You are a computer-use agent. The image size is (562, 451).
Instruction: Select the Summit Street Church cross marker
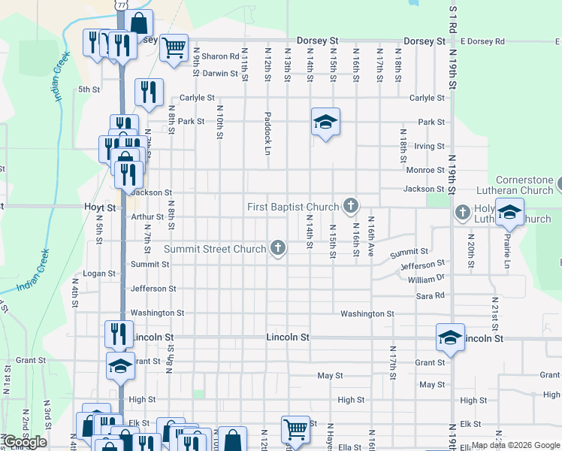(278, 248)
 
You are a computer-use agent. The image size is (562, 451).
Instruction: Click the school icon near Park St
(326, 122)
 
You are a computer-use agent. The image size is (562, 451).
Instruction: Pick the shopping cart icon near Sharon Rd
(174, 49)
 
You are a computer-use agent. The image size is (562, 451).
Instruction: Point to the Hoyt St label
(100, 207)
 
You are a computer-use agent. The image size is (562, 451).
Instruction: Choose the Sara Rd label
(430, 296)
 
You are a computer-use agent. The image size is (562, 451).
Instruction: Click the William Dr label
(426, 278)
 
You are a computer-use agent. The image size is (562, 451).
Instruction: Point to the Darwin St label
(220, 74)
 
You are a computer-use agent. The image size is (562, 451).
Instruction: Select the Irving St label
(429, 146)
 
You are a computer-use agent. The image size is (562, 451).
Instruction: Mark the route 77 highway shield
(121, 5)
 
